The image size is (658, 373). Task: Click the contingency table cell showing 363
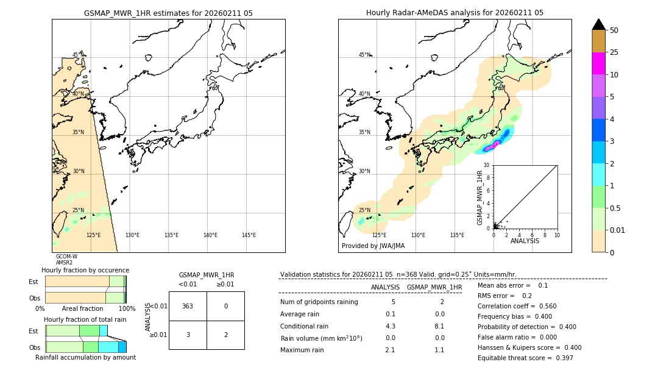[188, 306]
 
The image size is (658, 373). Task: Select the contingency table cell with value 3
[188, 335]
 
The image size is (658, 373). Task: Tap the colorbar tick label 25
[614, 52]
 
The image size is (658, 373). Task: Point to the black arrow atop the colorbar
[599, 24]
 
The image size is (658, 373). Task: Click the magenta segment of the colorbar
[599, 63]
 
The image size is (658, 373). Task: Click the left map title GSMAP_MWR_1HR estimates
[168, 13]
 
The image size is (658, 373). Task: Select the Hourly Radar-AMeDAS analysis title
[455, 13]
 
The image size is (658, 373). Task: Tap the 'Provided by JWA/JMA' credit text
[373, 246]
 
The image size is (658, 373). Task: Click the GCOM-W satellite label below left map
[66, 257]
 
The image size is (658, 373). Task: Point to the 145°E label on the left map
[249, 235]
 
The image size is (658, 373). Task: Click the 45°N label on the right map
[364, 55]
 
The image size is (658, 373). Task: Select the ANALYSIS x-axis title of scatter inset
[525, 241]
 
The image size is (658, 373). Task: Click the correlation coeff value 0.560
[544, 307]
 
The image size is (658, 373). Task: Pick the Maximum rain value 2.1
[390, 350]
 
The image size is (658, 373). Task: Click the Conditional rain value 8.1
[439, 326]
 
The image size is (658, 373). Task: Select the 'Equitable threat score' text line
[525, 358]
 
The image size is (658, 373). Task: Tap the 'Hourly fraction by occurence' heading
[85, 270]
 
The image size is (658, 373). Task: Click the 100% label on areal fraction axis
[127, 309]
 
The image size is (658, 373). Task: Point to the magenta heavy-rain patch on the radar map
[496, 144]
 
